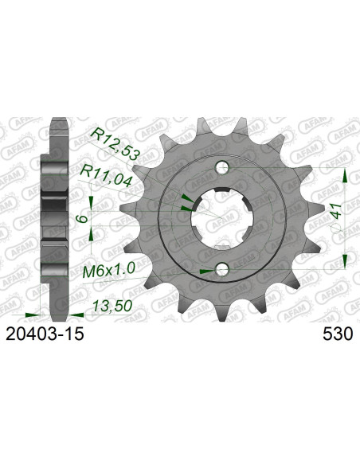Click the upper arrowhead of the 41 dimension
click(x=344, y=176)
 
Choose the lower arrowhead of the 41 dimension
click(x=344, y=259)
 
